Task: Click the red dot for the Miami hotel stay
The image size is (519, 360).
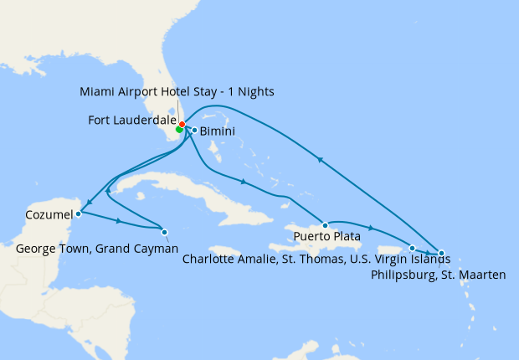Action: [182, 125]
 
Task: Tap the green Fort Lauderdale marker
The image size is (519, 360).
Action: [179, 130]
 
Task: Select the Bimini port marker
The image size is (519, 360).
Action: [194, 130]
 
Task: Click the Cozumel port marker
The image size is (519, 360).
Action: [78, 213]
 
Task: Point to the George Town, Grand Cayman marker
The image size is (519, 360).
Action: [164, 232]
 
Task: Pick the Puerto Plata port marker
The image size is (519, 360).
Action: [325, 225]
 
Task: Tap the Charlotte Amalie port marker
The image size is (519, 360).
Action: [412, 248]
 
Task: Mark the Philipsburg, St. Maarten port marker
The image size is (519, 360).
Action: [441, 252]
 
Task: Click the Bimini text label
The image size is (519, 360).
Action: [217, 131]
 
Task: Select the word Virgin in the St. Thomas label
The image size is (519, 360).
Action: [391, 259]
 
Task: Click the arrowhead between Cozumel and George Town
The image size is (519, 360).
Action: [122, 222]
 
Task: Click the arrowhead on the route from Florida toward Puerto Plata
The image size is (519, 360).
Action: [243, 182]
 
